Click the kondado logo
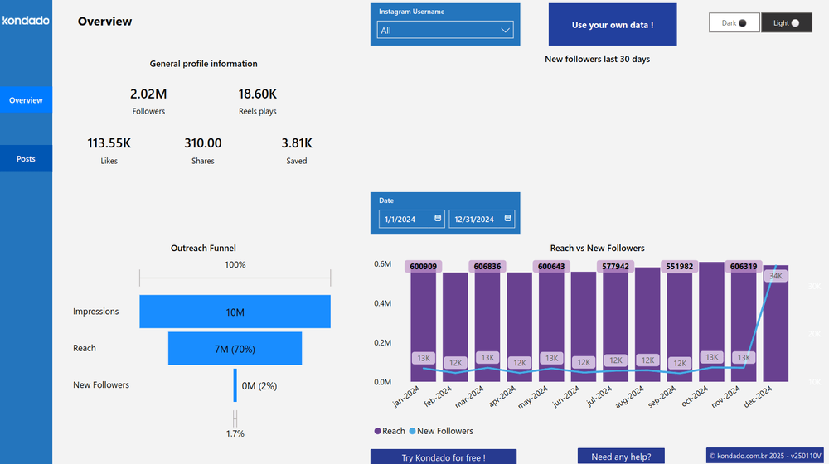tap(26, 20)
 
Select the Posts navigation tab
tap(26, 158)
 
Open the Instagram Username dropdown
tap(446, 31)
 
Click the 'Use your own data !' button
tap(613, 25)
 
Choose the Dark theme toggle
tap(734, 23)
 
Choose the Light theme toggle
tap(786, 23)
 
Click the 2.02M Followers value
tap(148, 94)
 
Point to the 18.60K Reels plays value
tap(257, 94)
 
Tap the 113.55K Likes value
tap(109, 143)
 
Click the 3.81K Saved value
tap(296, 143)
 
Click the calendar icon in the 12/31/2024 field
tap(507, 219)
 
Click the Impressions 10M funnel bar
tap(235, 312)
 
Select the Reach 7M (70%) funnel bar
tap(235, 349)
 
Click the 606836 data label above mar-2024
tap(487, 267)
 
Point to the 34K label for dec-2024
tap(776, 276)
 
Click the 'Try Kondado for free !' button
tap(443, 457)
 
